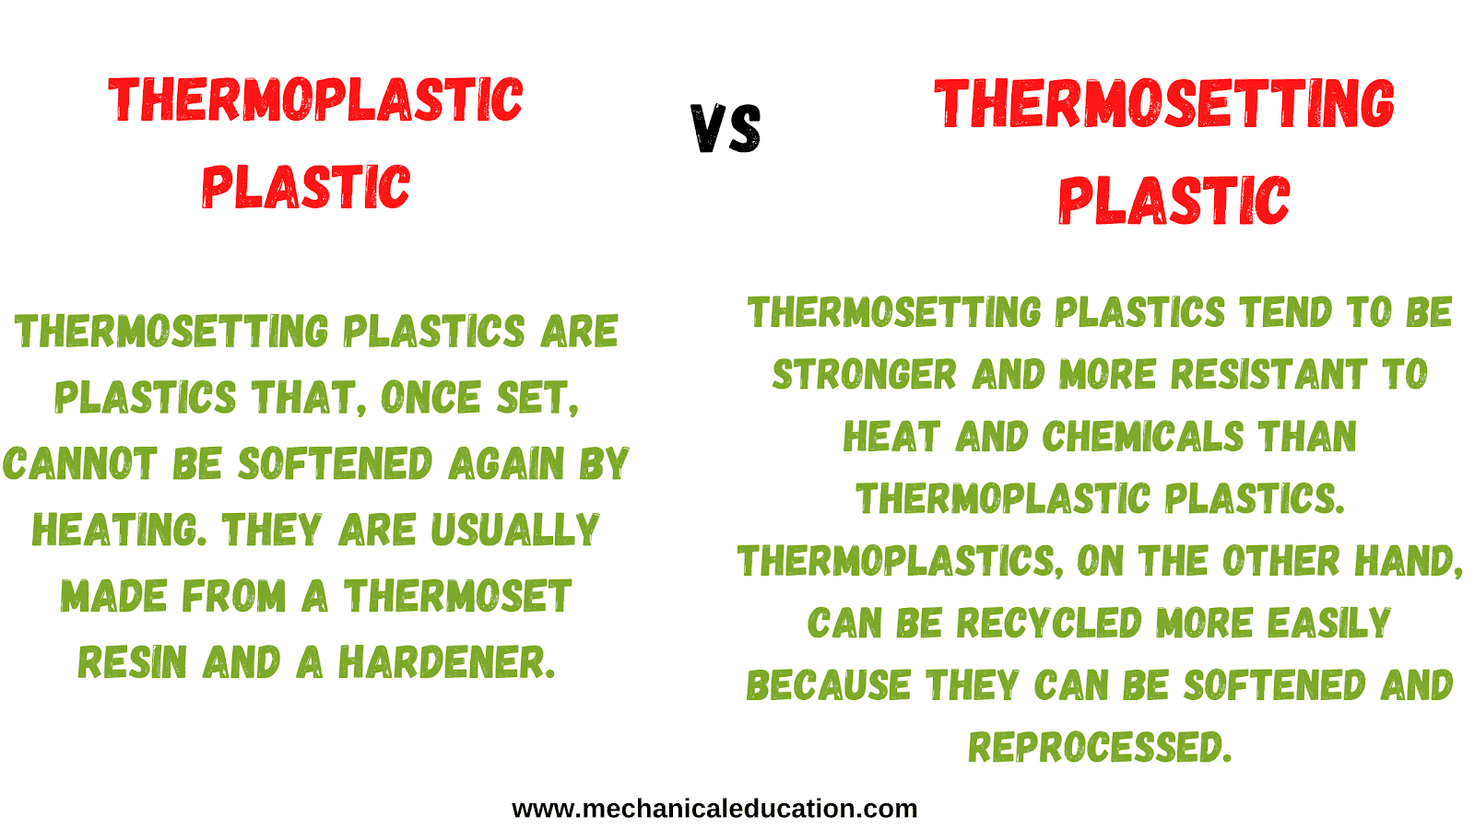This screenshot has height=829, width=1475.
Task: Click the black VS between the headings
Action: (726, 129)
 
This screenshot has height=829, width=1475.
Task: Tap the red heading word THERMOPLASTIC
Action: (315, 100)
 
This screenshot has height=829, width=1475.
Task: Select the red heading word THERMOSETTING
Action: (1164, 103)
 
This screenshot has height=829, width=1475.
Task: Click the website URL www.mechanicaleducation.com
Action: (714, 809)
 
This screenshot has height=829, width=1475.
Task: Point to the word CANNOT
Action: (80, 463)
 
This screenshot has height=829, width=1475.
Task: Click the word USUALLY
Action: (515, 530)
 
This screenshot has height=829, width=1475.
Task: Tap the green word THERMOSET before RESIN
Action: (457, 596)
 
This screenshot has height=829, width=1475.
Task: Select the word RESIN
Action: (133, 662)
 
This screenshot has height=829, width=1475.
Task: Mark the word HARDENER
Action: (447, 662)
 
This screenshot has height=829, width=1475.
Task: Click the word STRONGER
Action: (864, 374)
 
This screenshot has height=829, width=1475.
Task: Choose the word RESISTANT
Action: (1268, 374)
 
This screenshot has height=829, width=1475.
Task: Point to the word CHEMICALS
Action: (1143, 437)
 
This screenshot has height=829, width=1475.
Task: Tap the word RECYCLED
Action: (1049, 623)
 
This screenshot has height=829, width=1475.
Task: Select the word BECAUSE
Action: (829, 685)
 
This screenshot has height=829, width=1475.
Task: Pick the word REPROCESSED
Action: (1100, 747)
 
